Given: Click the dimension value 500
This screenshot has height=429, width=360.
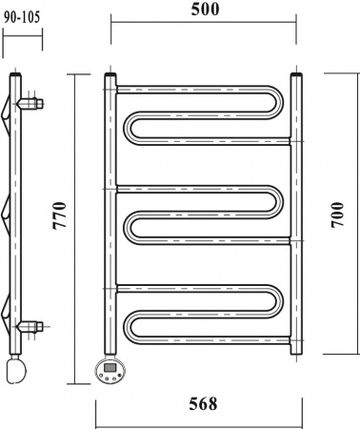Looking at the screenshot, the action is pos(205,10).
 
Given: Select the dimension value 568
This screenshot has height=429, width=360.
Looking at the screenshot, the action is pos(203,404).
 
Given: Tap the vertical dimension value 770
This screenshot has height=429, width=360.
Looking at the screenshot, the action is pos(60,215).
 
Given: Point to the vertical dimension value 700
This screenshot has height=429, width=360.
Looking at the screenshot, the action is pos(337,214).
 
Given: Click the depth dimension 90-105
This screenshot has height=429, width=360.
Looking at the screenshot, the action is pos(22,17).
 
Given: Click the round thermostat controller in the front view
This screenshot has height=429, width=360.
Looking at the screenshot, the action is pos(110,370).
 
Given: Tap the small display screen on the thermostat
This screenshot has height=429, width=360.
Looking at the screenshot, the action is pos(110,368).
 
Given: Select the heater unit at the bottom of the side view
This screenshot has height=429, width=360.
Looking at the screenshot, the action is pos(16,370).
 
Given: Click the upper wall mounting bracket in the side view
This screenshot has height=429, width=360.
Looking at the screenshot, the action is pos(30,104).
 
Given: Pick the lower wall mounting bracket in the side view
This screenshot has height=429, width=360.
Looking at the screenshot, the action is pos(30,326).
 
